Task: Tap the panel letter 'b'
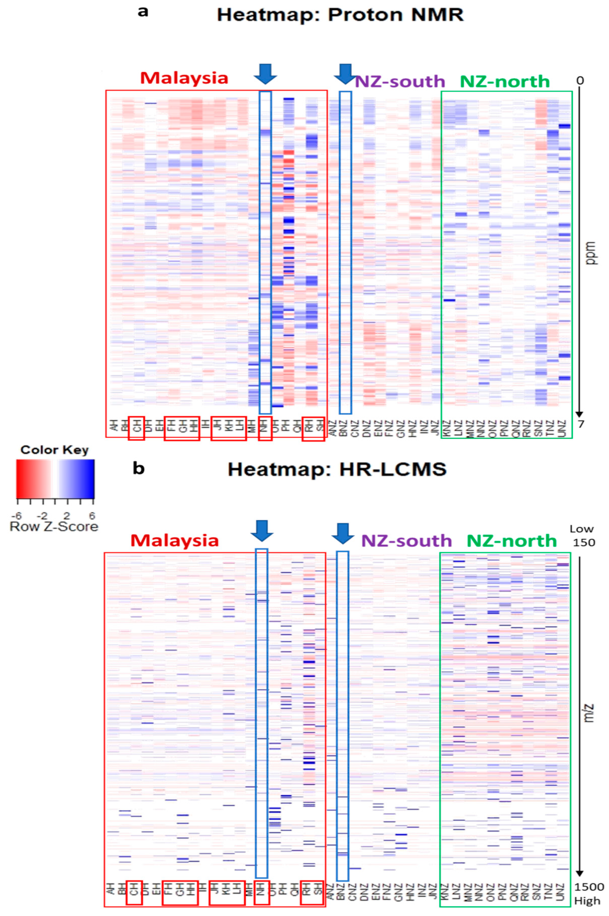point(139,468)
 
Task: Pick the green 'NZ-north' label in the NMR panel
point(504,81)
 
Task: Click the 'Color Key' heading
point(54,450)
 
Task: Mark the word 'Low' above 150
point(581,529)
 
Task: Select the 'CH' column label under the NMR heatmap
point(136,428)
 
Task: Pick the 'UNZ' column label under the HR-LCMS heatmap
point(560,889)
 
